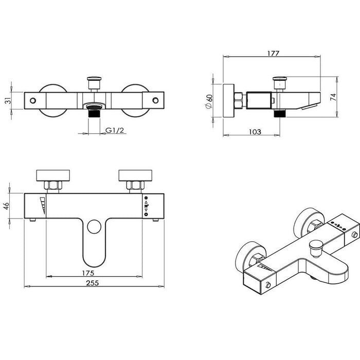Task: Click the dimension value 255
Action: click(x=93, y=283)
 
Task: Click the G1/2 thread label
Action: click(x=115, y=130)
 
